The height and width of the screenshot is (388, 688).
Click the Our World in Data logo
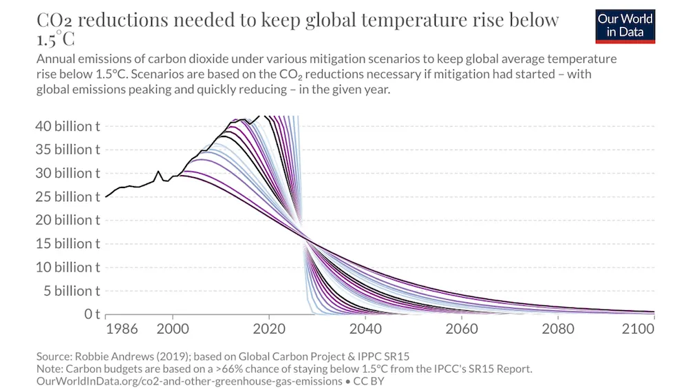pos(625,25)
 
